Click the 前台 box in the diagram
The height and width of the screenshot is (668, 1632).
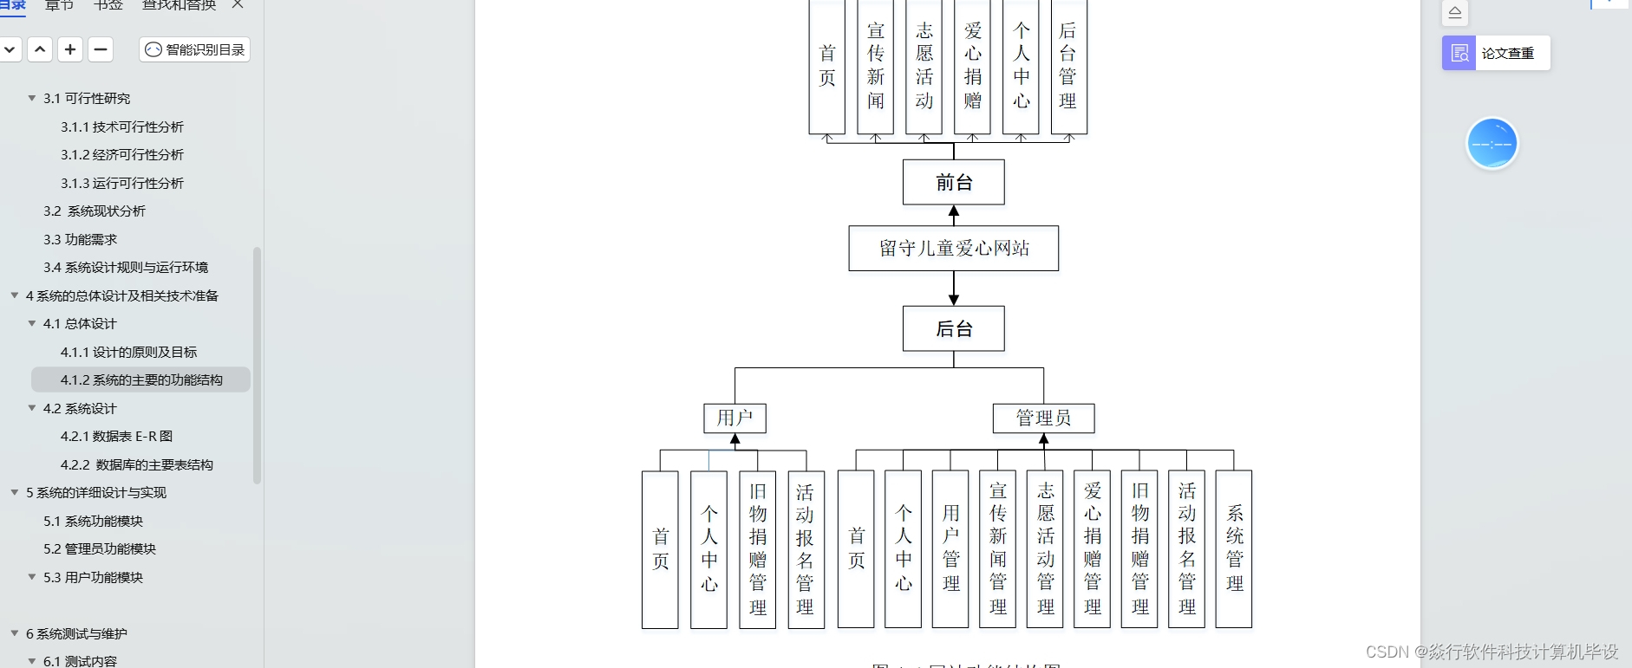[953, 182]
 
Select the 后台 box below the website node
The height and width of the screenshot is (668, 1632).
[953, 328]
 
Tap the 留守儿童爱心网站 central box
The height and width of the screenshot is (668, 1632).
[953, 249]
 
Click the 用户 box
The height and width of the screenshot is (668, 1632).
[734, 418]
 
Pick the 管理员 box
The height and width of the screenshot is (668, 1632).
[1043, 418]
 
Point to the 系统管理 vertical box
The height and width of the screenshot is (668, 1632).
[1234, 548]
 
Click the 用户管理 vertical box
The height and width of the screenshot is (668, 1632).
[950, 548]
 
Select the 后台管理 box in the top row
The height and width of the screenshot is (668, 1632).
[1068, 67]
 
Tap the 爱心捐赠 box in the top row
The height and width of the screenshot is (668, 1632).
[972, 67]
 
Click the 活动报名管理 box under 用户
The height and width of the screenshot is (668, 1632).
[806, 548]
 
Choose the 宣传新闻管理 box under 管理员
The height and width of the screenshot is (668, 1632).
[997, 548]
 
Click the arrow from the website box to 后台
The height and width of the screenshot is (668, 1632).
[954, 289]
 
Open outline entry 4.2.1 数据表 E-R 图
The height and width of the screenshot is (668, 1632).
[116, 437]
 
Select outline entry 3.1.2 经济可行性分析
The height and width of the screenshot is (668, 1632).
[122, 155]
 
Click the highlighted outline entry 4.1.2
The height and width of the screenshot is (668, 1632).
[140, 379]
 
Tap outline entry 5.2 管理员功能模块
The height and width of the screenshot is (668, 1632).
[100, 549]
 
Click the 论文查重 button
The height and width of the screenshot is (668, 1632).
[1496, 53]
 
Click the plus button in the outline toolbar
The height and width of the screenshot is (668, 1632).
[70, 49]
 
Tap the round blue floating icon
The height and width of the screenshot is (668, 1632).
[1492, 144]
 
